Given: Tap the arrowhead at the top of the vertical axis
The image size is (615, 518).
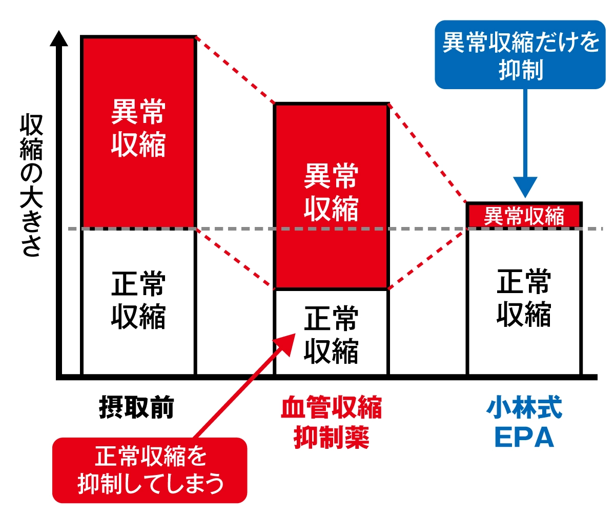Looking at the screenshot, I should click(x=59, y=39).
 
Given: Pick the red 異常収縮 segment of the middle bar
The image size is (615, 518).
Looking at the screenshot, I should click(x=331, y=195).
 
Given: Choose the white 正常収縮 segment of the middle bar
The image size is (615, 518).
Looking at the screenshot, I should click(x=331, y=333).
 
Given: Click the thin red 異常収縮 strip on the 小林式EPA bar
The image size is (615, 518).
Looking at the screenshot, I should click(x=524, y=216).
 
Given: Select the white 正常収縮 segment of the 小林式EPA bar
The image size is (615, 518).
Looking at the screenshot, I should click(x=524, y=300).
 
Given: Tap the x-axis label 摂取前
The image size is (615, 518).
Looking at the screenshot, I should click(x=136, y=408).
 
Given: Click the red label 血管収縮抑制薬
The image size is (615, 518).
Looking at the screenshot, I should click(x=331, y=423).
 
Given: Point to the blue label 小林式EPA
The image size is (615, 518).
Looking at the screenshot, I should click(x=524, y=423).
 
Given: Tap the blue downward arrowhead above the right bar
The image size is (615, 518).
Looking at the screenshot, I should click(x=525, y=187).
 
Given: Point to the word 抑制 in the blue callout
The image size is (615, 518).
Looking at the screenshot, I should click(x=521, y=70).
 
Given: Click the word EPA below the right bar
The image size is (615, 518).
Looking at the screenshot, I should click(x=524, y=438).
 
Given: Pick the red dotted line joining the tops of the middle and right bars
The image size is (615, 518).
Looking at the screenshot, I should click(x=428, y=154).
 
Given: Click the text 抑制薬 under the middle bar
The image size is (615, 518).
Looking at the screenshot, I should click(x=331, y=438).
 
